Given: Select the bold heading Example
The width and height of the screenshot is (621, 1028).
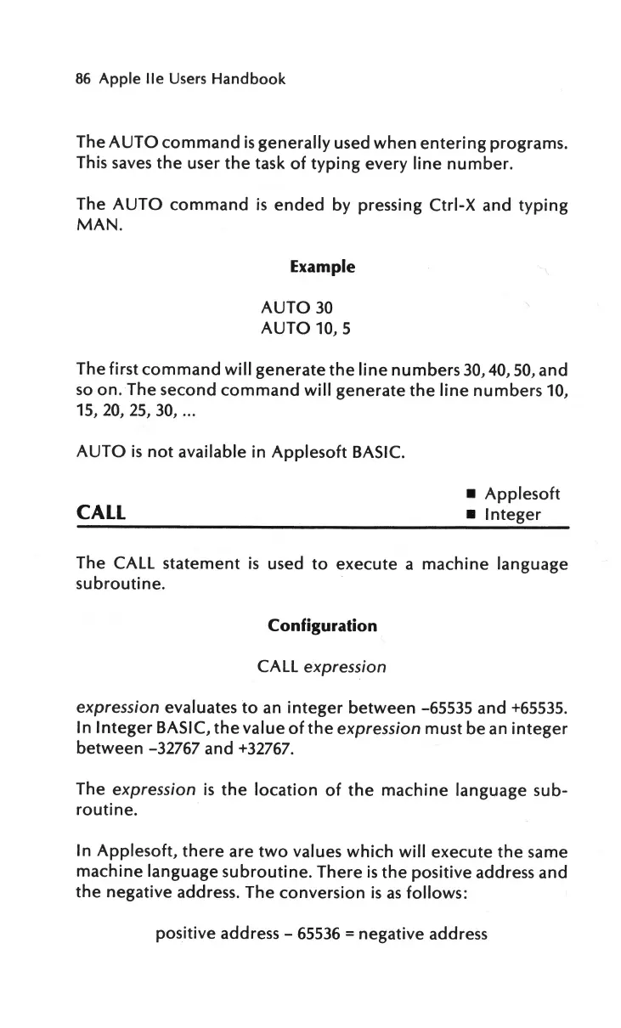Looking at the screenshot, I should pyautogui.click(x=322, y=267).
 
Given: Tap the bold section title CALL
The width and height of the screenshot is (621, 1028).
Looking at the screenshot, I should pyautogui.click(x=101, y=513).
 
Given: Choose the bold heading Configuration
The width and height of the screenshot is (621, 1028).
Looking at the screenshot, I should pyautogui.click(x=322, y=626).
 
